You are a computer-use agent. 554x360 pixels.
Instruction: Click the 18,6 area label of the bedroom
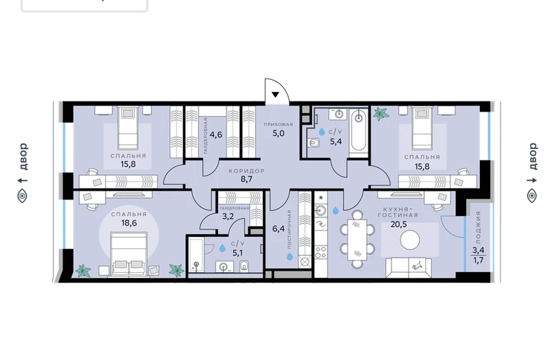[129, 223]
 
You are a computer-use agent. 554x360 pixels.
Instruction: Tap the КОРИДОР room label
[246, 171]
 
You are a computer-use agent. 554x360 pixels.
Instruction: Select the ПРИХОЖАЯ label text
[278, 125]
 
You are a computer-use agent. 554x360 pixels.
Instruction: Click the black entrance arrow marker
[276, 94]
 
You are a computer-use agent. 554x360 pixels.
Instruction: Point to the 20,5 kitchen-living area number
[399, 224]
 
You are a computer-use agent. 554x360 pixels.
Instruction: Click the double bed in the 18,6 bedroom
[129, 253]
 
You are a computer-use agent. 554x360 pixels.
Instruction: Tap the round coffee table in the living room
[410, 240]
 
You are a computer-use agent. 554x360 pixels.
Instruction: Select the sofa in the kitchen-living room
[409, 268]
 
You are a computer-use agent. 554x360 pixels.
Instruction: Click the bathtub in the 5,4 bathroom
[358, 133]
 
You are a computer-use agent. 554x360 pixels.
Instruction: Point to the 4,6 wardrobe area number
[216, 135]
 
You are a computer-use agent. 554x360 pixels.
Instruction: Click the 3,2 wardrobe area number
[228, 217]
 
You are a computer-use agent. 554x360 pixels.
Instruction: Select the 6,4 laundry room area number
[278, 229]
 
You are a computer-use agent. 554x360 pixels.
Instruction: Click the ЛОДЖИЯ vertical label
[478, 228]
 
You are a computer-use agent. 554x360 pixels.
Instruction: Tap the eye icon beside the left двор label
[22, 196]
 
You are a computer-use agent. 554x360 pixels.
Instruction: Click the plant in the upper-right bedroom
[381, 114]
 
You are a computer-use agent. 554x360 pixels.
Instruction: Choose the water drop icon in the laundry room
[290, 256]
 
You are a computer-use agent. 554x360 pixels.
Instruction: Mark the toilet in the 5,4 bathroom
[314, 143]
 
